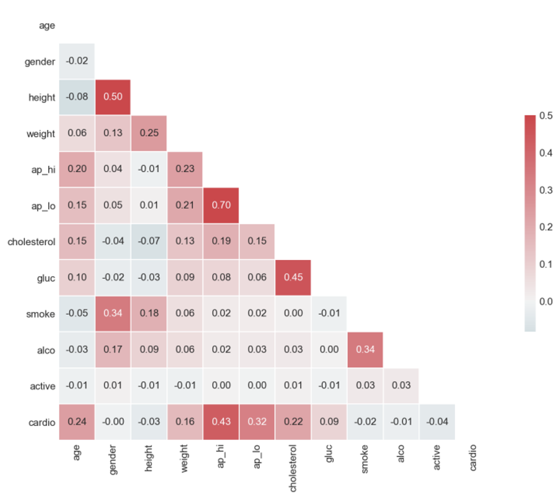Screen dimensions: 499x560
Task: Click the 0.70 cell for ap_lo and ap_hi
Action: pos(221,206)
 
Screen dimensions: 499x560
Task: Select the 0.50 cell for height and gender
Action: pos(113,97)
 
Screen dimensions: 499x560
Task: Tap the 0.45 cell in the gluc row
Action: pos(293,278)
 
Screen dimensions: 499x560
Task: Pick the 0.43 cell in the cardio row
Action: pos(221,422)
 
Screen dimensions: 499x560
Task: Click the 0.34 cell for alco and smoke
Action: pos(365,350)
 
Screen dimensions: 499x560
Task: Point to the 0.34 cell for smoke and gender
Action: pos(113,314)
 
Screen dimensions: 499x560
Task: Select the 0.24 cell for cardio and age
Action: pos(77,422)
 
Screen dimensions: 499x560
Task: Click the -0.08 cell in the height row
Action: pos(77,97)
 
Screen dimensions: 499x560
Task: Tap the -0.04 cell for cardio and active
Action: pos(437,422)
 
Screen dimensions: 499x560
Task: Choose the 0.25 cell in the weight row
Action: pos(149,134)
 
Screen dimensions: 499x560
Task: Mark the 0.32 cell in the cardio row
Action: pos(257,422)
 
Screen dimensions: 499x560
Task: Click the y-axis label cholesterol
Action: pos(31,242)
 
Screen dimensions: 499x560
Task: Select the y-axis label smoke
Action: pos(41,314)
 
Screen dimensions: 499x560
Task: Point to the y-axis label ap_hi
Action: pos(43,170)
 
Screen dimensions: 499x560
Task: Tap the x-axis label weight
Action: pos(185,458)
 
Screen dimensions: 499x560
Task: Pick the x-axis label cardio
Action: pos(473,456)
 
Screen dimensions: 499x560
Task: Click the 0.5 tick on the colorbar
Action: pos(547,115)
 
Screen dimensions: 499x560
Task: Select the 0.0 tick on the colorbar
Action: pos(547,301)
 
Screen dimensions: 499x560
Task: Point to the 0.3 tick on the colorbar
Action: pos(547,190)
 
